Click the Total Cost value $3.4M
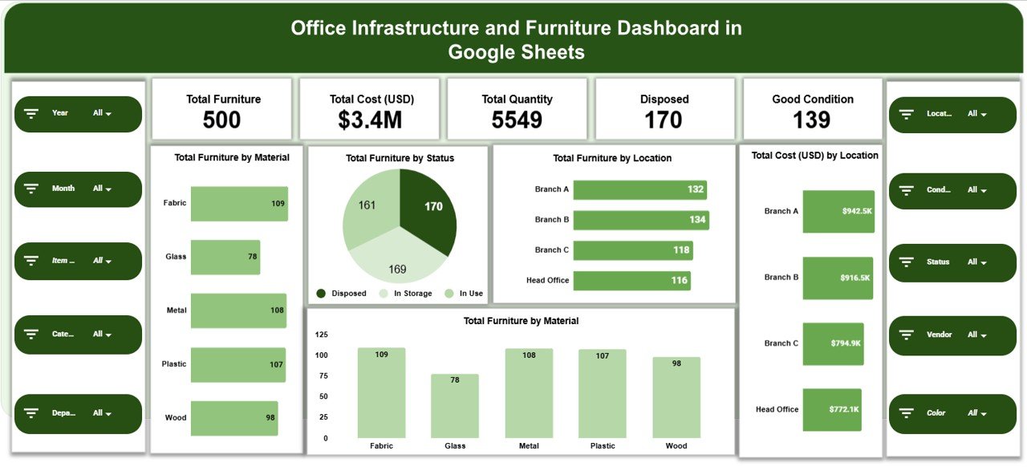click(x=370, y=120)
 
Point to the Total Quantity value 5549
click(x=517, y=120)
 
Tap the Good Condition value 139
click(x=812, y=120)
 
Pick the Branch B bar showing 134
click(x=640, y=220)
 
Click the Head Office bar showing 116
click(x=631, y=281)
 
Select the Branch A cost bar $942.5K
click(x=838, y=212)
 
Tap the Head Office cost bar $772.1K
click(x=831, y=410)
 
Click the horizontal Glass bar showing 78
click(x=225, y=258)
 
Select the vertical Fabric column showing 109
click(x=381, y=393)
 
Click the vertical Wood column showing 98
click(x=676, y=398)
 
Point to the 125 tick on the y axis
click(x=321, y=335)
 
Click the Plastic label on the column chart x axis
click(x=603, y=446)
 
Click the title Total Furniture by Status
click(x=400, y=159)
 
